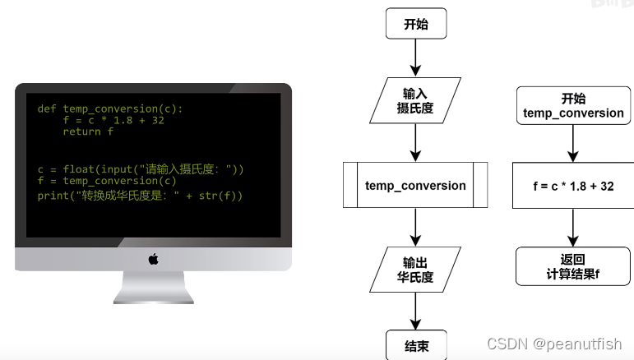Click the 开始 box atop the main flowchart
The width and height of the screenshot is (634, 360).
point(415,24)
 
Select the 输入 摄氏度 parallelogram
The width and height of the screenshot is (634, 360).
point(415,100)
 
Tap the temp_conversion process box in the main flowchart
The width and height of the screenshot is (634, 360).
point(415,185)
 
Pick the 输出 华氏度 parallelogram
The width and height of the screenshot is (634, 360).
point(415,269)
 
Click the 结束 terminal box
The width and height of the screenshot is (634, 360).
point(415,345)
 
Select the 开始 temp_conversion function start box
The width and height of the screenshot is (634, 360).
point(573,106)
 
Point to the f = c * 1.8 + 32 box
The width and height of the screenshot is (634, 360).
point(573,186)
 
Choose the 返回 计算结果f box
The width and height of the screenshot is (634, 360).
point(573,267)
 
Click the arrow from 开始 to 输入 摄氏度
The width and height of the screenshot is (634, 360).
point(415,58)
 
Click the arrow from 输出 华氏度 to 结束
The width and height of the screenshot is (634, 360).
point(415,310)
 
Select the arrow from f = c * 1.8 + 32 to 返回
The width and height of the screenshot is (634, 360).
point(573,228)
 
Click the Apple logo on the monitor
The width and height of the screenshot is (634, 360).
point(153,259)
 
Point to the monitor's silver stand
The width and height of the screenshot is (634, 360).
point(153,288)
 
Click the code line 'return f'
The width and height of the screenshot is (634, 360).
point(88,132)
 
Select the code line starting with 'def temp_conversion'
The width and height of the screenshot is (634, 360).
point(110,108)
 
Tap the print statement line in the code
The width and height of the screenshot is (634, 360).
point(140,196)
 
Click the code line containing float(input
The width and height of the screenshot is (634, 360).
point(140,169)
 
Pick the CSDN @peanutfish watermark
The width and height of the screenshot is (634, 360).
point(553,344)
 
